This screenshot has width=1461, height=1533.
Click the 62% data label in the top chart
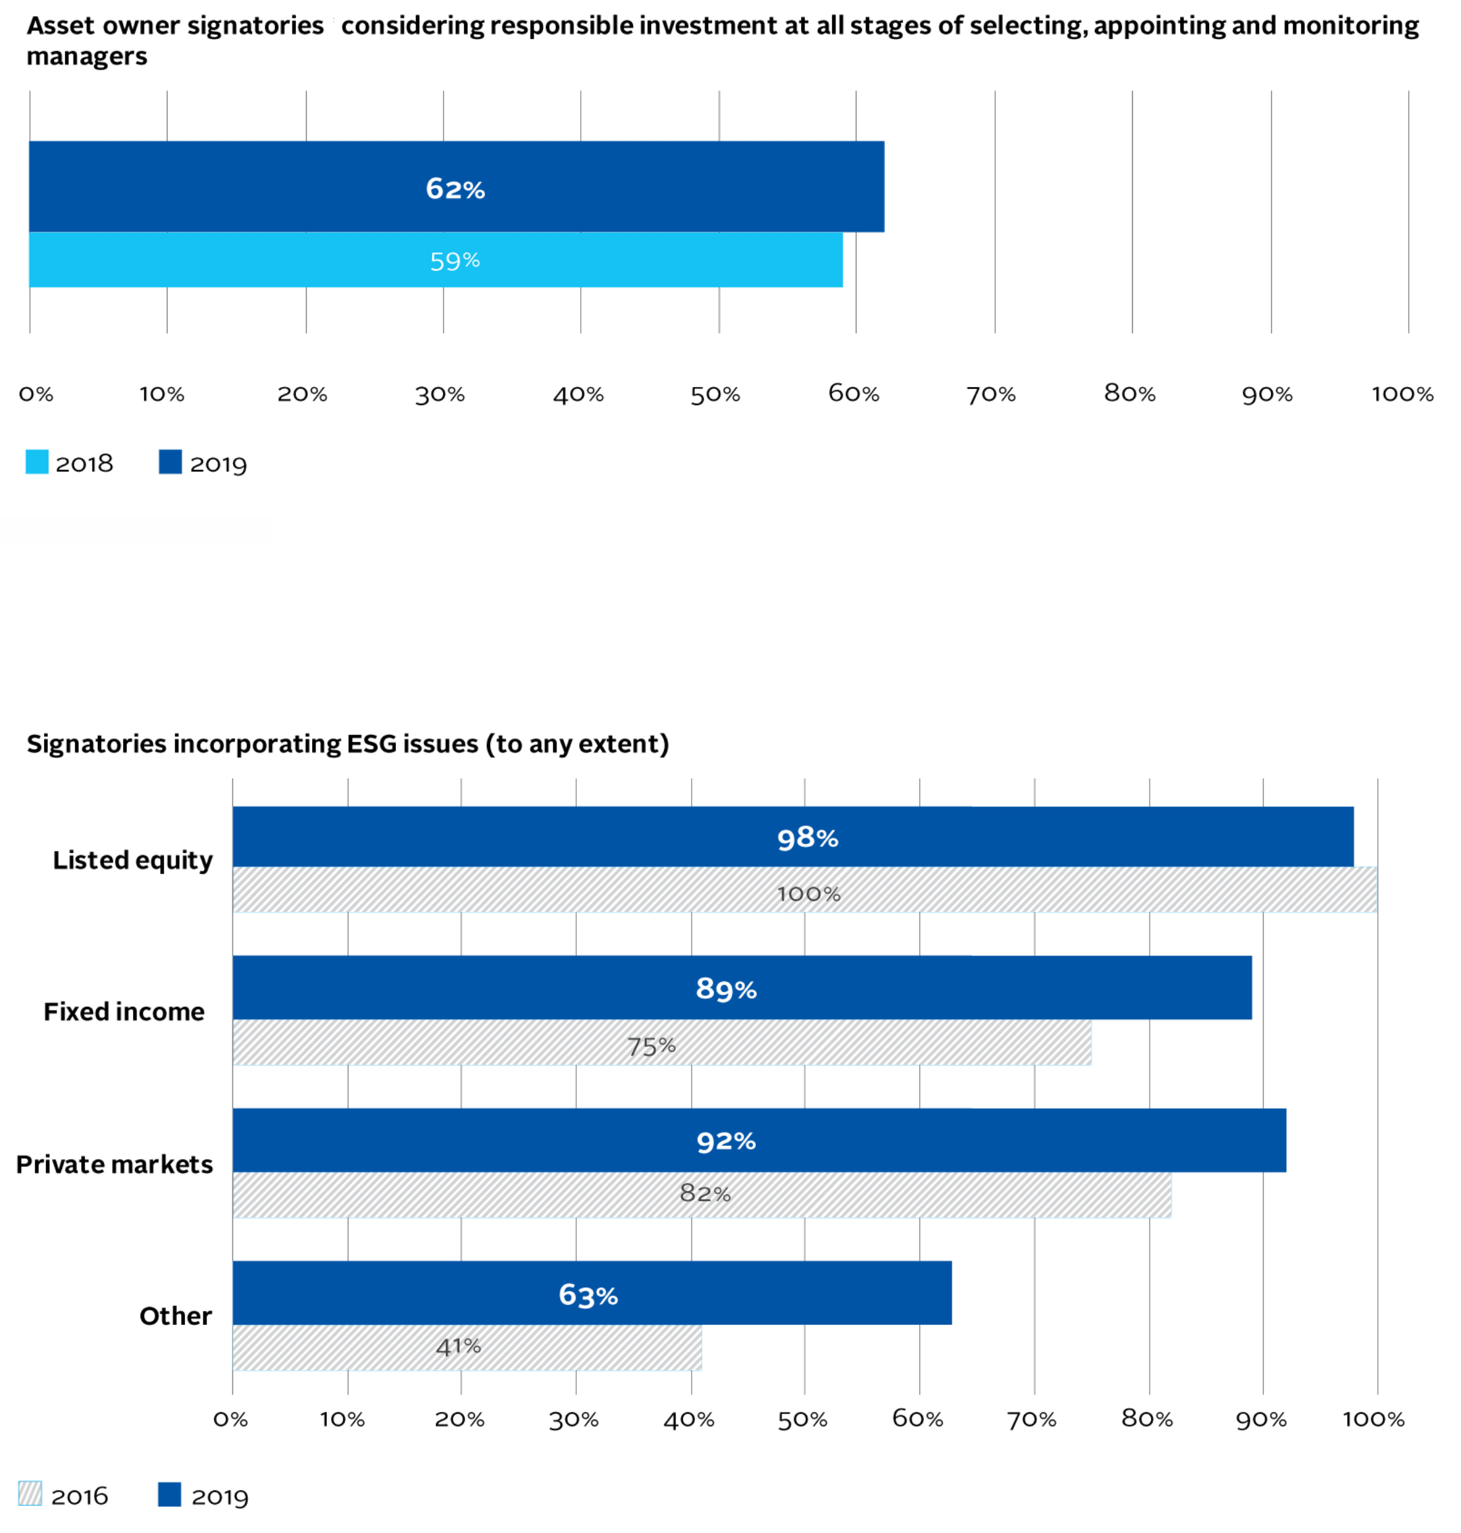point(455,188)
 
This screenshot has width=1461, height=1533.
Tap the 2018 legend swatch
point(36,462)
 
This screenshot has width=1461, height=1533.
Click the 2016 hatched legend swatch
point(30,1494)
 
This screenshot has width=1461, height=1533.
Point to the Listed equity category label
point(132,860)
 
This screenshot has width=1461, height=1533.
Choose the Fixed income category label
point(124,1012)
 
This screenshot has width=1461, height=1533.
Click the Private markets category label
point(114,1164)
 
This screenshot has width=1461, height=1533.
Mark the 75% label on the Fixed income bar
point(651,1045)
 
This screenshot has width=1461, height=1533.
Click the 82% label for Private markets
point(704,1193)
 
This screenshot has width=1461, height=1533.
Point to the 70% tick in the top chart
point(991,395)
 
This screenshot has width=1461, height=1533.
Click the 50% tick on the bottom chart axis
point(802,1420)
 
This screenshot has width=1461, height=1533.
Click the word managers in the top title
point(86,57)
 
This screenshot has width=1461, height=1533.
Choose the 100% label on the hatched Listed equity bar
point(809,893)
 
